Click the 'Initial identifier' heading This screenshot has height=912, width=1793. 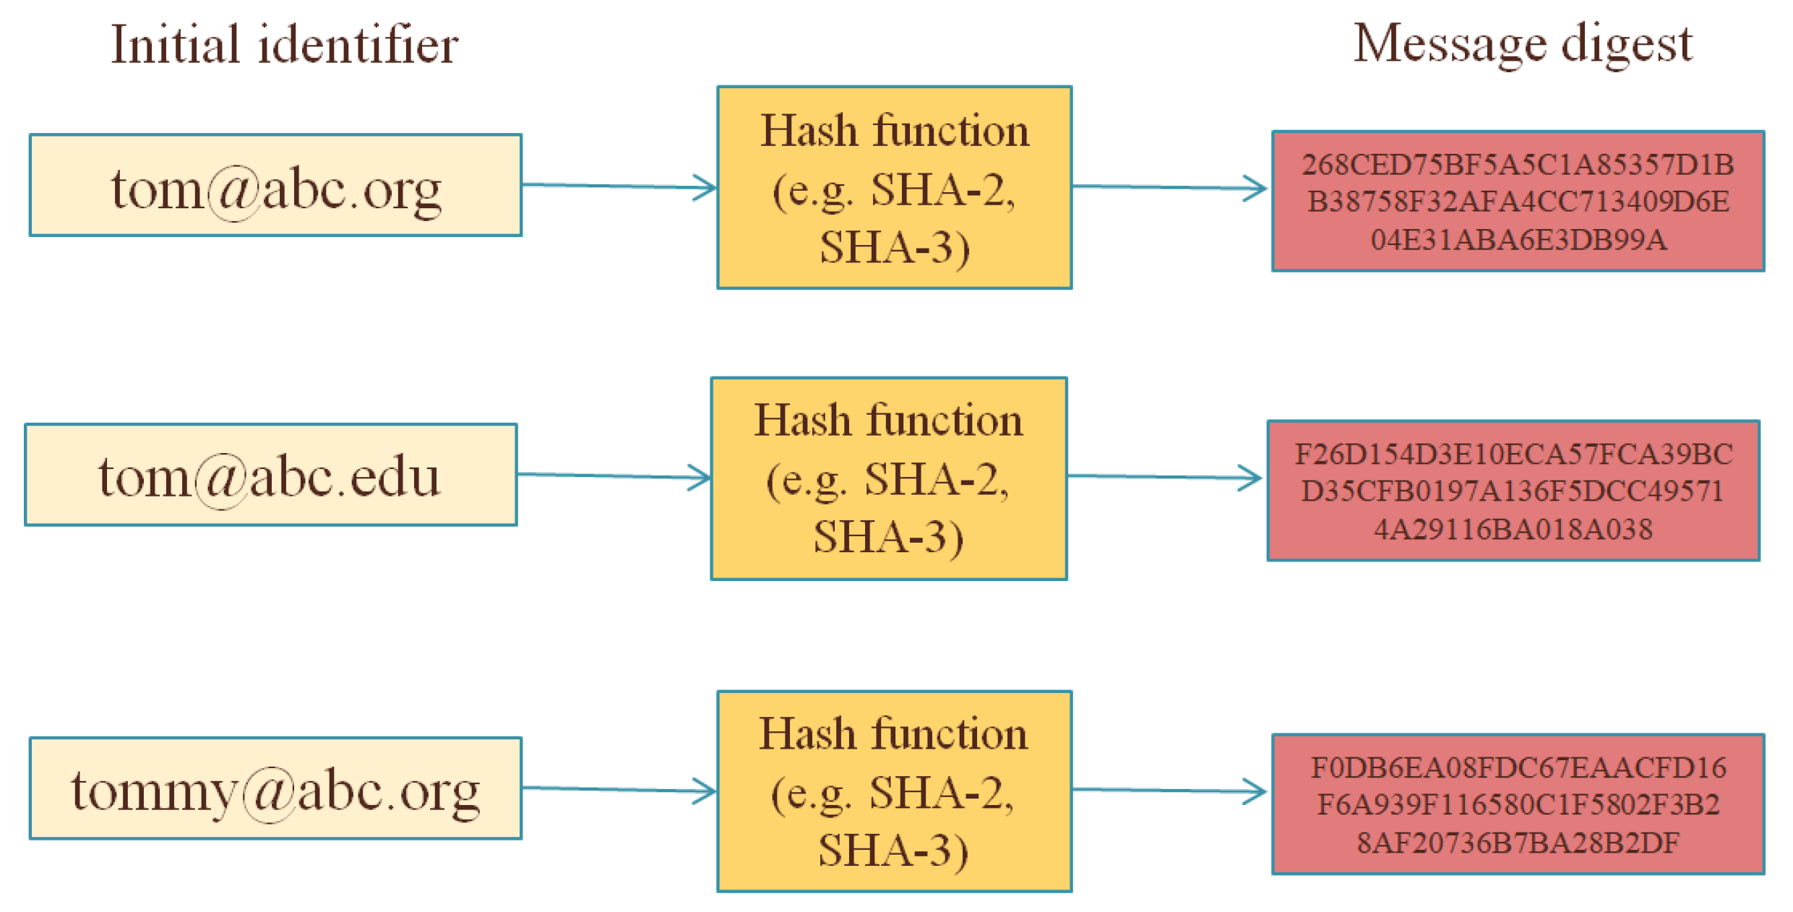284,45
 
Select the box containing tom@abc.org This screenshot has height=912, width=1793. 275,185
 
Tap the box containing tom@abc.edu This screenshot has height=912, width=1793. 270,475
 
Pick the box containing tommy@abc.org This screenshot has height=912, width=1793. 275,788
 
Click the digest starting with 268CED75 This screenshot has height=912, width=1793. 1518,201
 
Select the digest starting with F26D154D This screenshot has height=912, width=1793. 1513,491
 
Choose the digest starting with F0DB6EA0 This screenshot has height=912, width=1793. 1518,804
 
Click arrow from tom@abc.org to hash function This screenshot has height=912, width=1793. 619,186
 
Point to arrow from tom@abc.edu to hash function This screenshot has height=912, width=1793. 614,476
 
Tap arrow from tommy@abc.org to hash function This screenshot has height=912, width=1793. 619,789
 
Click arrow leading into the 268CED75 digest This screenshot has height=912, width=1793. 1169,187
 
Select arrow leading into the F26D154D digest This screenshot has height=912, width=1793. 1164,477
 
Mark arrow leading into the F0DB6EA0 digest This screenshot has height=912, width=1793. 1169,790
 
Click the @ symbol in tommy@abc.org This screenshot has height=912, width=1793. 268,793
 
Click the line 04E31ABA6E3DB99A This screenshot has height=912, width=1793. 1518,240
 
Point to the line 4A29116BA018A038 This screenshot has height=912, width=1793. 1513,530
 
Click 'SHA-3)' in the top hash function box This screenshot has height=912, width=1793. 894,248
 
